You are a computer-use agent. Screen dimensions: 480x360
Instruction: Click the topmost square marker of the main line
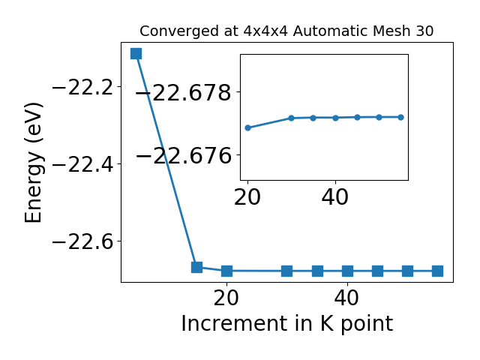(136, 53)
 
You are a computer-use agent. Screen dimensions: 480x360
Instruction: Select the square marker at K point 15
(196, 267)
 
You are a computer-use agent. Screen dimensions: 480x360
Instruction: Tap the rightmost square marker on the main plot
(437, 271)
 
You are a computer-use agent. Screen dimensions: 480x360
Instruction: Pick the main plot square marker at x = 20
(226, 271)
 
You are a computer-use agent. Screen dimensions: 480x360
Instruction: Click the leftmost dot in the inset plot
(248, 127)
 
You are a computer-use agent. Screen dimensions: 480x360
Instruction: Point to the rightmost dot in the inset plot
(400, 117)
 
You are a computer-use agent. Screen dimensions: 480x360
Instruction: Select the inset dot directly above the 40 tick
(335, 118)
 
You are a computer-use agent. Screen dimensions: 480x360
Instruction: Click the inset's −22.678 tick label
(183, 93)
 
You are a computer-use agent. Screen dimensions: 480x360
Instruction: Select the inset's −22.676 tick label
(183, 155)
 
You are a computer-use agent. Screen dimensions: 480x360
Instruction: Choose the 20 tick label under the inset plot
(247, 197)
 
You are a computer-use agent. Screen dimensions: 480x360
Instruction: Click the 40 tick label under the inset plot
(335, 197)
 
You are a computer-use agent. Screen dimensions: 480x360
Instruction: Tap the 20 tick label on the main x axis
(226, 298)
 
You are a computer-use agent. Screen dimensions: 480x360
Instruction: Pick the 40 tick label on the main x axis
(346, 298)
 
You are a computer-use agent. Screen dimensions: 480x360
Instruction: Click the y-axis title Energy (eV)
(33, 162)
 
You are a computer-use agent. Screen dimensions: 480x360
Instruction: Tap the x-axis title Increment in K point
(287, 323)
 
